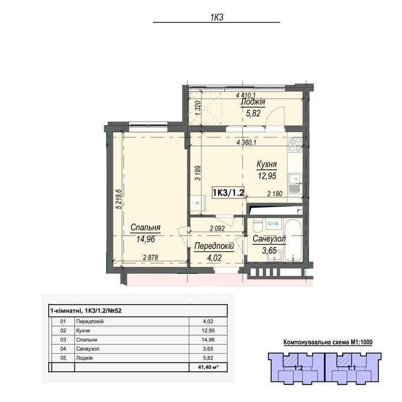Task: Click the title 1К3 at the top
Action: coord(217,17)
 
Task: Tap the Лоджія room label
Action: coord(253,102)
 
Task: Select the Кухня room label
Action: coord(267,165)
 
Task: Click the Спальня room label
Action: coord(145,228)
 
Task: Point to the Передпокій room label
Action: coord(214,246)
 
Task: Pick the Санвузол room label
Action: coord(269,239)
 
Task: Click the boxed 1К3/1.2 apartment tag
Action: coord(228,192)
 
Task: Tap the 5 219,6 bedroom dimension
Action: coord(119,199)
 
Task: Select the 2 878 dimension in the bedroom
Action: coord(150,257)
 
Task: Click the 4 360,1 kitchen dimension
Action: coord(247,143)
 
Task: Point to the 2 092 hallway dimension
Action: coord(217,228)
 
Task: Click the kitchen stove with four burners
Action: coord(295,145)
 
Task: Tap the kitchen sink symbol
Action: coord(295,183)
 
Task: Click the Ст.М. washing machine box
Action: coord(273,224)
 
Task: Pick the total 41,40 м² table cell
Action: coord(208,367)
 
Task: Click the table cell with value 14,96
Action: coord(208,340)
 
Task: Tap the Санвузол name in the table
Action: coord(87,349)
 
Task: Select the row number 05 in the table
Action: coord(63,358)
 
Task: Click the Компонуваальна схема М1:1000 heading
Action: coord(328,342)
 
